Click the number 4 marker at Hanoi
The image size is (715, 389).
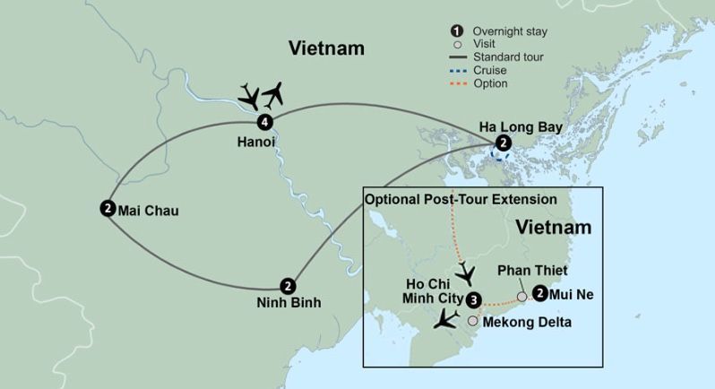(263, 122)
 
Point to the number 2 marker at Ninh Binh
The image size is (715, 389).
(287, 285)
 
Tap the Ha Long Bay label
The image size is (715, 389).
(521, 126)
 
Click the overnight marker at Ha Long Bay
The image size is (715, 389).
(504, 143)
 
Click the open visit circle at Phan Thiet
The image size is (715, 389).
(521, 297)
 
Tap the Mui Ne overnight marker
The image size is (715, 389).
(539, 292)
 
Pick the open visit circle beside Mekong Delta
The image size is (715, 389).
(472, 320)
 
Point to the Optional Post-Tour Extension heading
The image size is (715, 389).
(460, 198)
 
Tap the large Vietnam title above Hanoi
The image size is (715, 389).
(326, 48)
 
